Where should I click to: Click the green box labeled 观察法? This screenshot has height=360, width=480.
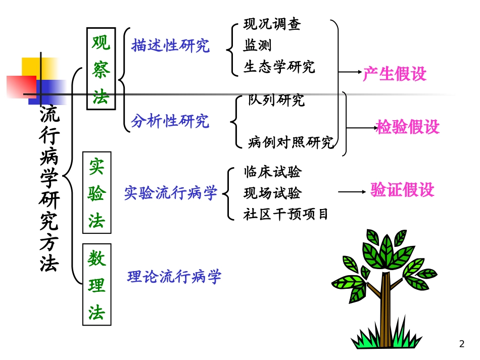pos(101,68)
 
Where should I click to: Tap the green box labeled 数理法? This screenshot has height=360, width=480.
pos(97,284)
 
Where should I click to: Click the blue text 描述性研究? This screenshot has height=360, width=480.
pos(170,46)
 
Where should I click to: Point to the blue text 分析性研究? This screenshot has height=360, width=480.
pos(170,121)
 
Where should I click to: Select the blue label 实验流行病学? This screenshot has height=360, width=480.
pos(171,192)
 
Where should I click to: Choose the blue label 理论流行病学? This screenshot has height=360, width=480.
pos(174,277)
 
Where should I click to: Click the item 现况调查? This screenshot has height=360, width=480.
pos(272,24)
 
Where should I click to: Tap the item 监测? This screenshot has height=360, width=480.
pos(257,45)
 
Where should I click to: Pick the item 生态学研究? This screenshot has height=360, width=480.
pos(279,67)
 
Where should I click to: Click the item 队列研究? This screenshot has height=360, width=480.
pos(276,100)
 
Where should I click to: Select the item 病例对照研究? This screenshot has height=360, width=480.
pos(291,142)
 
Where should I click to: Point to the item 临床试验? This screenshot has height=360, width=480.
pos(272,172)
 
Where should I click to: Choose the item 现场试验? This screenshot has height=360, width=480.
pos(272,193)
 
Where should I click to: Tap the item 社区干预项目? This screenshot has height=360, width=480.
pos(286,214)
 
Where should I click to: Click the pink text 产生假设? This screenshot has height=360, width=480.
pos(395,74)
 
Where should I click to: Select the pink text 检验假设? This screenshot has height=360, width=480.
pos(408,127)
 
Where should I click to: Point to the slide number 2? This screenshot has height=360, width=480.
pos(461,344)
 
